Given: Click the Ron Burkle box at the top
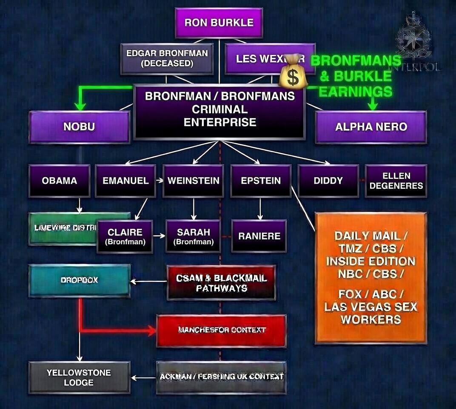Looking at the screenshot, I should (x=219, y=23).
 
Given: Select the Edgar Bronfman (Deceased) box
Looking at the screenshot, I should (x=167, y=59).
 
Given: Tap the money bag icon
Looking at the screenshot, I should (x=292, y=72).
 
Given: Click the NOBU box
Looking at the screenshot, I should (x=79, y=127).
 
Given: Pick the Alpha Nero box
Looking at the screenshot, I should (x=370, y=127).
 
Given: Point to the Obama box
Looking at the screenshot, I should (x=60, y=181).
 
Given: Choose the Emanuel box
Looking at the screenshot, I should (x=125, y=181).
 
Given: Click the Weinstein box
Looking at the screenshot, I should (x=193, y=181).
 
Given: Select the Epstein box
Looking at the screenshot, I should (x=261, y=181).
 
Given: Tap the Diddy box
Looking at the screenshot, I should (x=328, y=181).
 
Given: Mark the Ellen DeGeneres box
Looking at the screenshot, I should (x=396, y=181).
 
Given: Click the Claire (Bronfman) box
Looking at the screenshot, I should (x=125, y=236).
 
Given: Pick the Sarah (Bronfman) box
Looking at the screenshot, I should (x=194, y=236).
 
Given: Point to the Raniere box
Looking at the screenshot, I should (x=259, y=236).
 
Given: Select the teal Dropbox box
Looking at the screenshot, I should (x=79, y=280).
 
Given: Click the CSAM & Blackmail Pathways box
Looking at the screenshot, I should (x=221, y=283).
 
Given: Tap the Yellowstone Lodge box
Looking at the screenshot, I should (x=79, y=377).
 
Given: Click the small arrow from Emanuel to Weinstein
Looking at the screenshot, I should (x=160, y=181).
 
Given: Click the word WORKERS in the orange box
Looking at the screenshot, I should (x=370, y=320).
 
